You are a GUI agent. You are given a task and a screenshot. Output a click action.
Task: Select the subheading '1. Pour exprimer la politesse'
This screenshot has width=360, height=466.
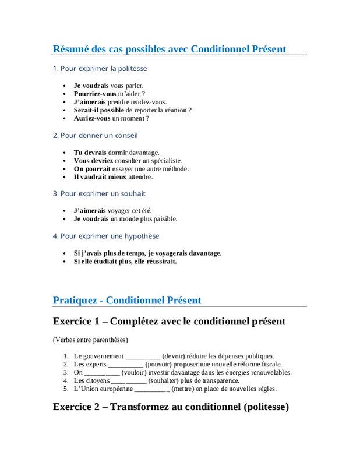coord(100,69)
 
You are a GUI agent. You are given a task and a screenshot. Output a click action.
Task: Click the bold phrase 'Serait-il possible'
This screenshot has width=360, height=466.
coord(98,110)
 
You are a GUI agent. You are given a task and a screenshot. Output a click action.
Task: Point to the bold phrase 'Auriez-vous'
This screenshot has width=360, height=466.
coord(92,118)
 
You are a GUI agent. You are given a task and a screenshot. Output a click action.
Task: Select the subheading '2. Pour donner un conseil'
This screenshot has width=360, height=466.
coord(95,136)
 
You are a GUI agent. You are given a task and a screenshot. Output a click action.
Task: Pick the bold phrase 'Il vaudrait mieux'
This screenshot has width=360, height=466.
coord(100,177)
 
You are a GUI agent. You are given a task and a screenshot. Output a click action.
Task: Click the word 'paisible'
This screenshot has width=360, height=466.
coord(164,219)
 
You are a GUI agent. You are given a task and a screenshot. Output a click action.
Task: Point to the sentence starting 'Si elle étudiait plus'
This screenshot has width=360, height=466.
coord(125,262)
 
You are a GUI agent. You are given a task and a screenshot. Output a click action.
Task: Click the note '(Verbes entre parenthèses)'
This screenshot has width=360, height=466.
coord(90,340)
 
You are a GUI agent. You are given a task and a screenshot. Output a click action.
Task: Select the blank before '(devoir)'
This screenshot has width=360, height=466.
coord(143,356)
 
